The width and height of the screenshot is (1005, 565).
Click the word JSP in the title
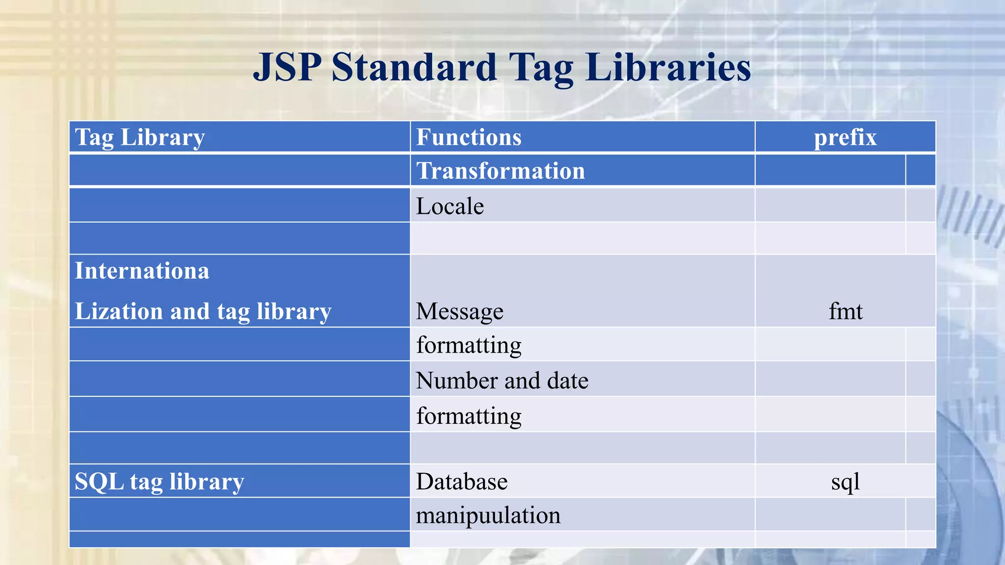(x=287, y=67)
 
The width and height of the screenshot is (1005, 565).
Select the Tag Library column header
(x=140, y=137)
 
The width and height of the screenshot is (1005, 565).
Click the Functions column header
(x=469, y=137)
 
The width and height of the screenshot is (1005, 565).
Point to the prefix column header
(x=845, y=137)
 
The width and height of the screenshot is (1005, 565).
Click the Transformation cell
(x=501, y=171)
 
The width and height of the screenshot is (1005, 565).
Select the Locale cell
(x=450, y=206)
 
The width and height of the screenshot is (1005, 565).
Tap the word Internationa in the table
(x=142, y=271)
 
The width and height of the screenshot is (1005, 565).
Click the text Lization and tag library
(x=203, y=311)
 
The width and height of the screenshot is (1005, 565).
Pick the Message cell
(x=460, y=311)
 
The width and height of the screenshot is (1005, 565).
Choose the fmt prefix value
(x=845, y=311)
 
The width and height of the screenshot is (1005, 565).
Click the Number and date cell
(x=502, y=381)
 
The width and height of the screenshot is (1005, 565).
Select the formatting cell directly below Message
(x=469, y=345)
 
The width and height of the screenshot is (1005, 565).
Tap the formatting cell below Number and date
(x=469, y=416)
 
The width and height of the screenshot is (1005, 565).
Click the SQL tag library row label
(x=159, y=482)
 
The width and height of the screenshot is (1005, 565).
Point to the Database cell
(x=462, y=482)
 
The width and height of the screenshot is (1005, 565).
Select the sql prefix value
(x=845, y=482)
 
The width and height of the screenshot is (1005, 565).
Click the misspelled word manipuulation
(x=488, y=515)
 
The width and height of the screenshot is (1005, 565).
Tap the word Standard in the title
(x=414, y=67)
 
